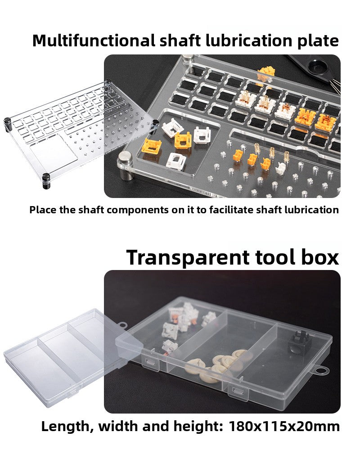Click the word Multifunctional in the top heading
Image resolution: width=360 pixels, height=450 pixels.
(x=94, y=40)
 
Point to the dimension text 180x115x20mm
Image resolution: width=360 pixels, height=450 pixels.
(x=284, y=427)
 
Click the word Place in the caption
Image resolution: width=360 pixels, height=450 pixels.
(x=43, y=210)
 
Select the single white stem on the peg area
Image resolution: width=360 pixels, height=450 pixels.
(x=281, y=168)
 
